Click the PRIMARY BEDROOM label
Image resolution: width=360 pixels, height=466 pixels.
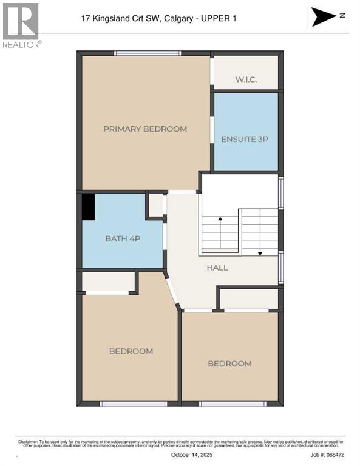145,129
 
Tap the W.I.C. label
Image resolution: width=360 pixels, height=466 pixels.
247,80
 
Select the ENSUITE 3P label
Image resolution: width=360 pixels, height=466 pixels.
245,139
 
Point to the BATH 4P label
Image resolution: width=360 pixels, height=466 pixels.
123,238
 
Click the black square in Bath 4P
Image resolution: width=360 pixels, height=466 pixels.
89,206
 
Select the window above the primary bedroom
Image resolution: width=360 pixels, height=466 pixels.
148,53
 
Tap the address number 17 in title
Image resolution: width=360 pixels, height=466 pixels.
86,18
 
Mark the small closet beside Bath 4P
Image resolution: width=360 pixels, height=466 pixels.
156,205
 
